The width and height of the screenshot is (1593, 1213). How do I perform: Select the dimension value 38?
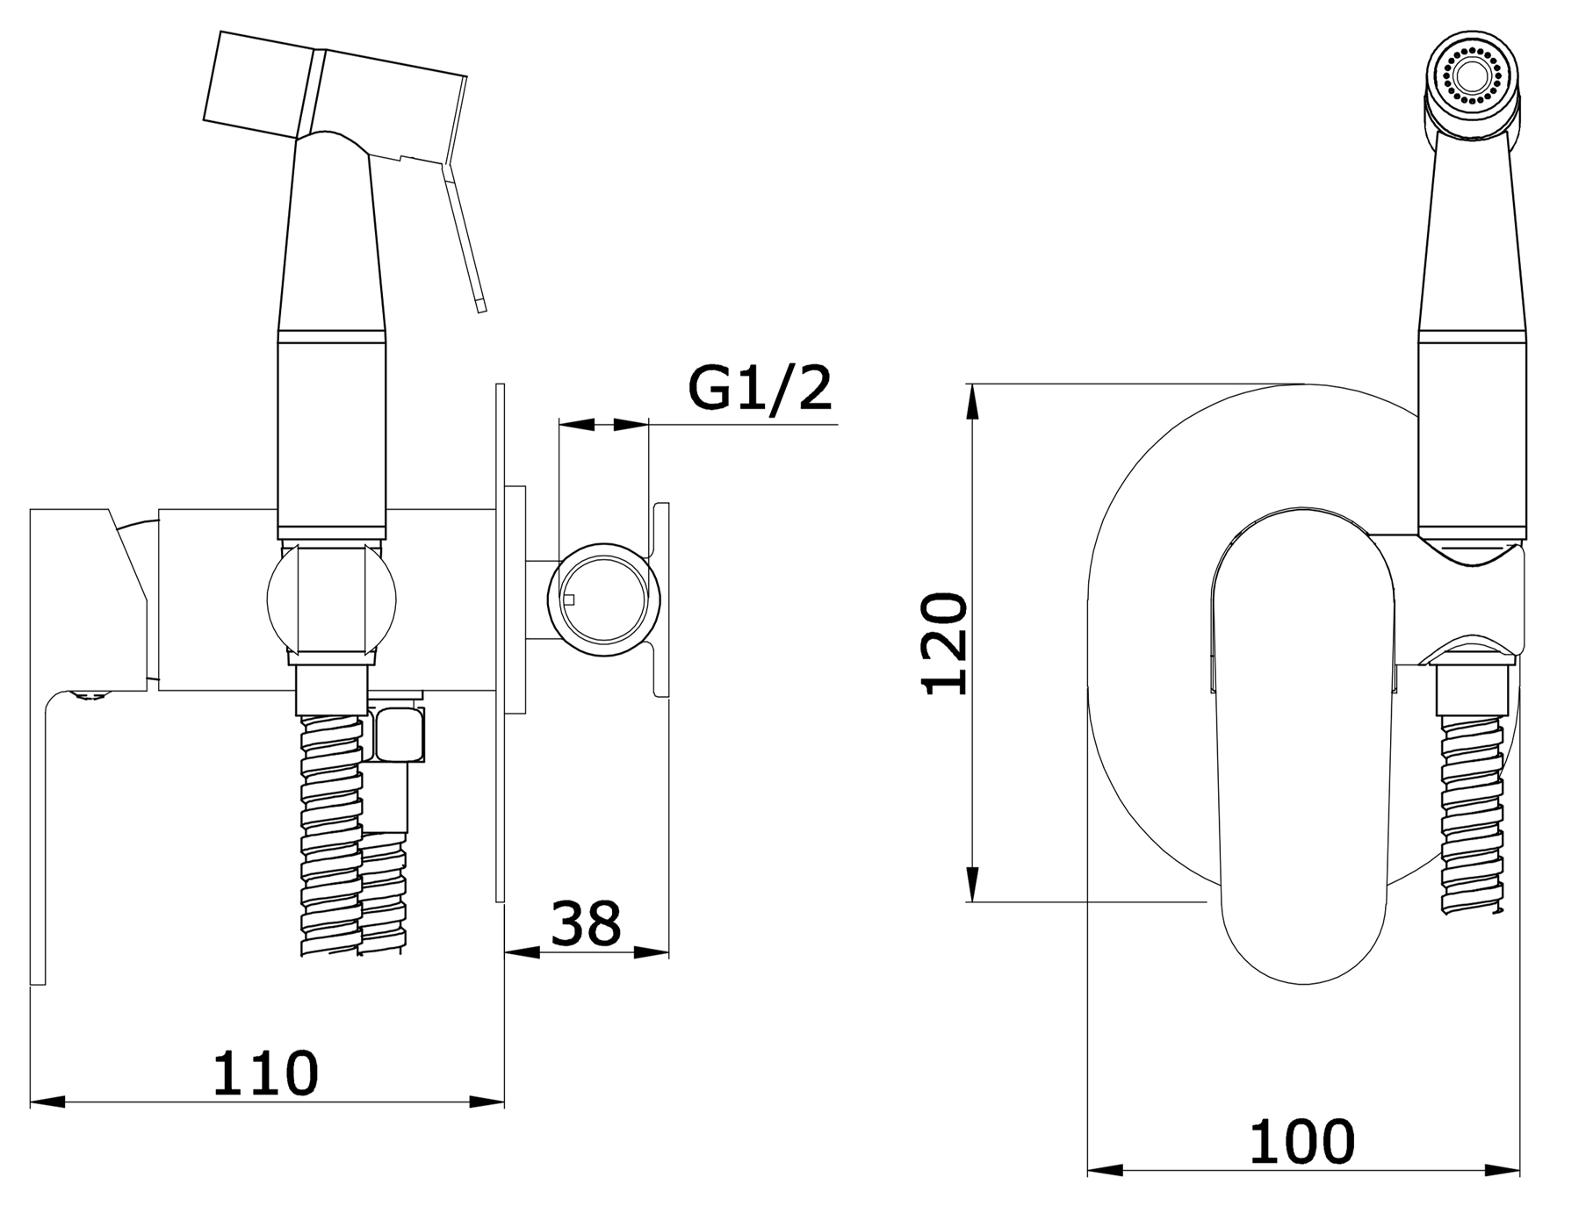click(x=586, y=922)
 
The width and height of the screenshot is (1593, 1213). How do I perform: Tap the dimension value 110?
click(x=265, y=1072)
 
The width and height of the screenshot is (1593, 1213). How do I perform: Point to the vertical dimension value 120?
click(x=945, y=643)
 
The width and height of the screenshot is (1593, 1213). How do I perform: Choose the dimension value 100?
click(x=1302, y=1141)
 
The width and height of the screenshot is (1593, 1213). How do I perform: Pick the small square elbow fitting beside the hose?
click(x=400, y=735)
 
